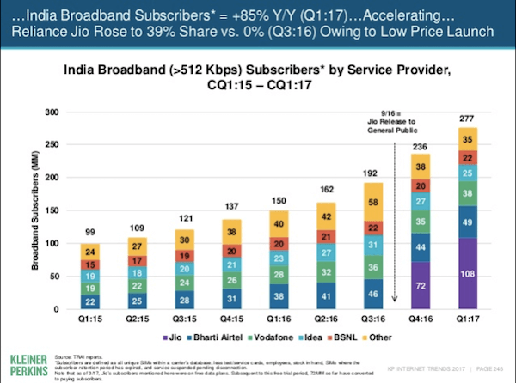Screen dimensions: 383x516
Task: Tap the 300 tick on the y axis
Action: [x=52, y=112]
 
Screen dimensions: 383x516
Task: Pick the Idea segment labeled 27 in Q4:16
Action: [x=422, y=203]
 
